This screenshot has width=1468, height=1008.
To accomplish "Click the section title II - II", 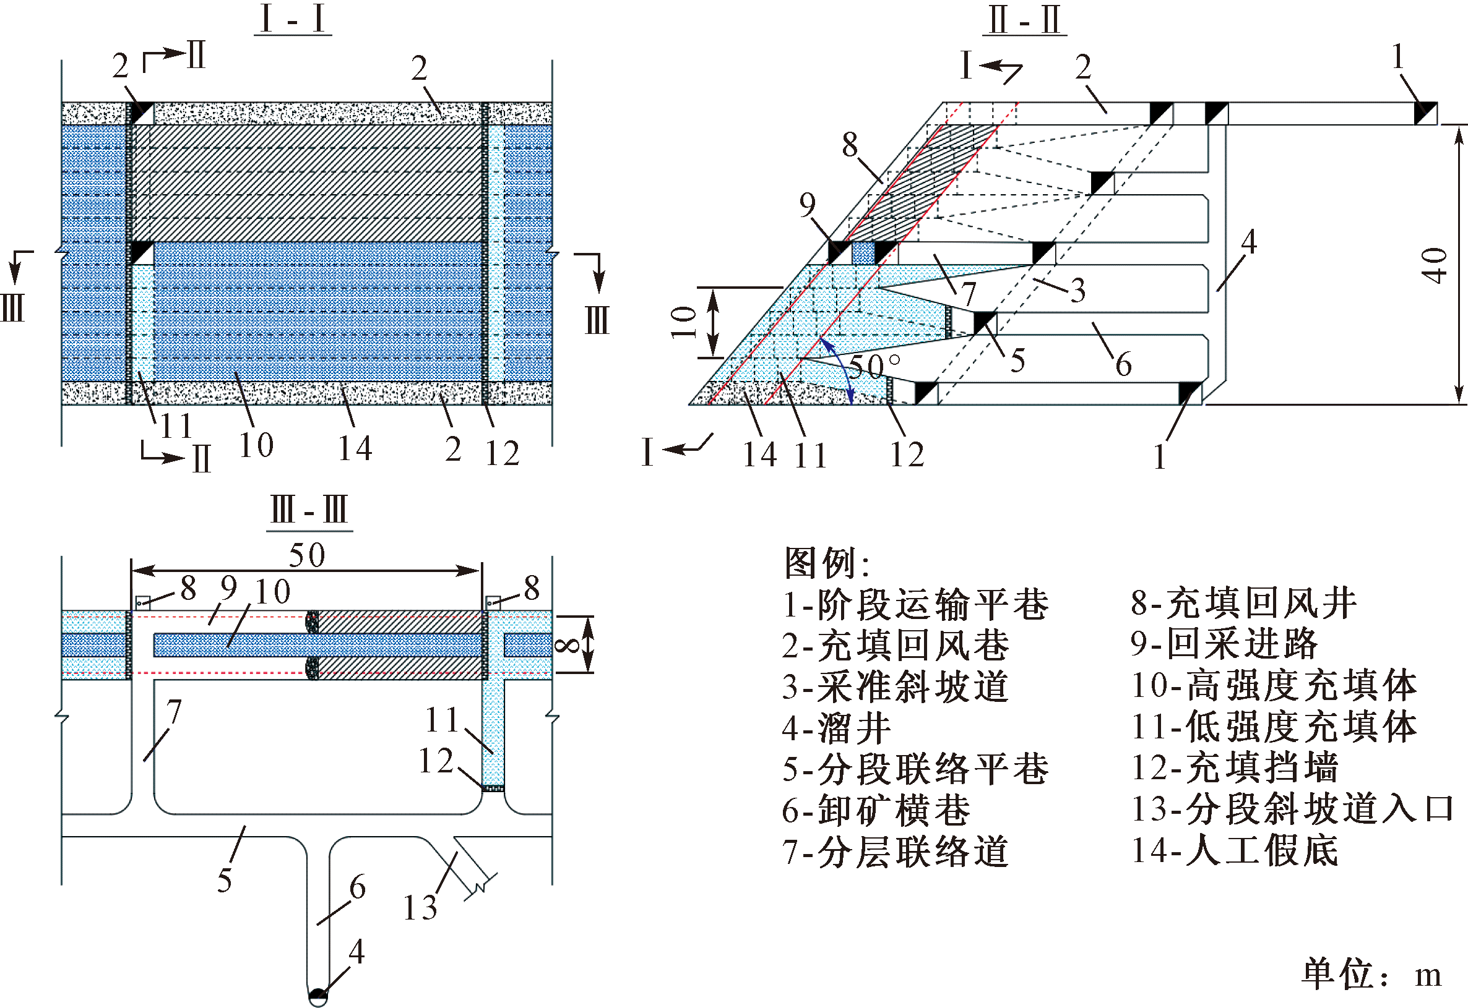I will [1024, 20].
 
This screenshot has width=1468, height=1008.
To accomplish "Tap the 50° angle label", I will [875, 365].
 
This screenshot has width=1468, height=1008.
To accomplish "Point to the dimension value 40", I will [1434, 265].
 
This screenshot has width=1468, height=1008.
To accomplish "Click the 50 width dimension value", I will [307, 555].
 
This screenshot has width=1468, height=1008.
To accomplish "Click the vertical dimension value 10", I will [683, 322].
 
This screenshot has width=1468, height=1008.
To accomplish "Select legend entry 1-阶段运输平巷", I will [915, 604].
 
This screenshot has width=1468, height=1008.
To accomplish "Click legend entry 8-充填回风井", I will [1243, 602].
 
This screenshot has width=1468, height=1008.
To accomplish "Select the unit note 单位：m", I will [1371, 973].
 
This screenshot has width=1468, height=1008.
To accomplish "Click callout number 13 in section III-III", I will [420, 908].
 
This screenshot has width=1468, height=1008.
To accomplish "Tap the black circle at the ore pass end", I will [318, 995].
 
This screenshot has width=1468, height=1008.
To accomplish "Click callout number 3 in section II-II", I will [1077, 290].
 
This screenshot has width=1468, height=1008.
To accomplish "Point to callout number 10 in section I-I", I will [256, 445].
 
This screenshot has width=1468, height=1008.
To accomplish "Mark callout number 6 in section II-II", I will [1123, 364].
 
